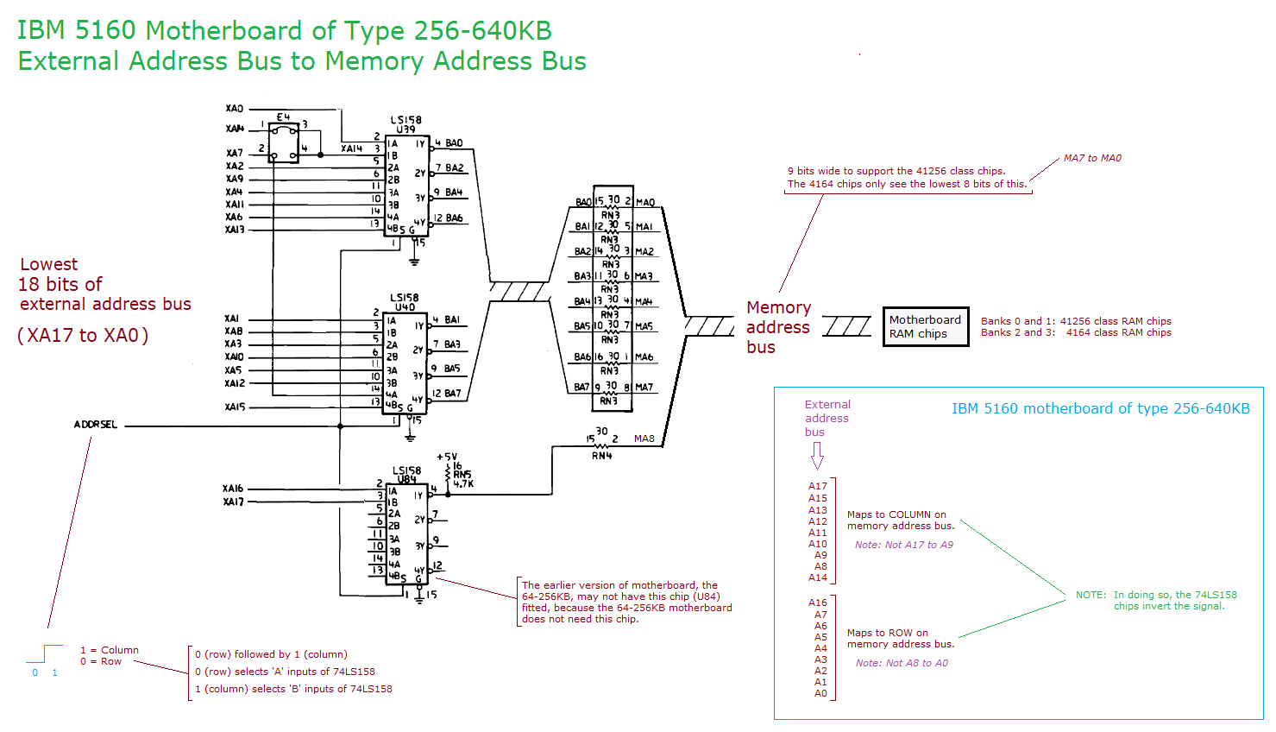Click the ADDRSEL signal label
(x=96, y=425)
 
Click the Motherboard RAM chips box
(x=925, y=326)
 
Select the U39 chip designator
(x=405, y=129)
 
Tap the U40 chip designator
(x=405, y=306)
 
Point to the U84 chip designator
(x=406, y=479)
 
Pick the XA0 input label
(x=235, y=109)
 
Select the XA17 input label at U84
(x=234, y=502)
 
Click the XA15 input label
(x=236, y=407)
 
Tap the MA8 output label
(x=644, y=439)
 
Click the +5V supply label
(x=447, y=457)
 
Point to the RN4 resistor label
(x=601, y=455)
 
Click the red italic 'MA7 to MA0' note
(x=1092, y=158)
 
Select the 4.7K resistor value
(x=463, y=484)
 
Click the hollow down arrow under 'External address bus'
(x=817, y=456)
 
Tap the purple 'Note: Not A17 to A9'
(x=904, y=545)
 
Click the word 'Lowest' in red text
(x=49, y=264)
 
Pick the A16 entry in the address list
(x=818, y=603)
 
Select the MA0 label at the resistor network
(x=645, y=203)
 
